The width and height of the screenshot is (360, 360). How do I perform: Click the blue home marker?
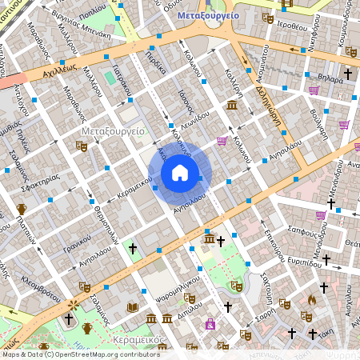(180, 172)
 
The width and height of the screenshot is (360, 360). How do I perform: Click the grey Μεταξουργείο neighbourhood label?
(113, 129)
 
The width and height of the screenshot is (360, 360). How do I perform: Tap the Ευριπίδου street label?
(305, 262)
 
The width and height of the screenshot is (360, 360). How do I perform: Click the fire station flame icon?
(311, 300)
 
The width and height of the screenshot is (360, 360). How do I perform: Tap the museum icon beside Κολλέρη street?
(232, 106)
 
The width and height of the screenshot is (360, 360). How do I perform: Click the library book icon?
(133, 307)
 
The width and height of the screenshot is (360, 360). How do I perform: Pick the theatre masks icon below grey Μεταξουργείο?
(81, 146)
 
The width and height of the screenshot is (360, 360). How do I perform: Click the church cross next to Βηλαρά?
(347, 74)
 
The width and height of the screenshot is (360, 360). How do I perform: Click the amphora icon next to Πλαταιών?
(22, 210)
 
